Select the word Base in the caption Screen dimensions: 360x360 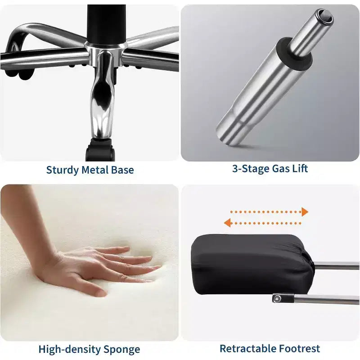click(122, 170)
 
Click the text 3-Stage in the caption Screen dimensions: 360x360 click(251, 169)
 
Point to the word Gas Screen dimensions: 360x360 click(280, 168)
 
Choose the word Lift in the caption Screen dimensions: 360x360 click(300, 168)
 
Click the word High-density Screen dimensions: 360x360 click(70, 350)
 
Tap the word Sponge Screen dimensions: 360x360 click(121, 350)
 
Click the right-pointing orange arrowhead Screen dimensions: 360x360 click(305, 212)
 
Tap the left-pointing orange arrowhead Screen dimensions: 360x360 click(227, 223)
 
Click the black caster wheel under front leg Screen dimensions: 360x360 click(100, 149)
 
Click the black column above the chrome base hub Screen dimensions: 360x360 click(106, 24)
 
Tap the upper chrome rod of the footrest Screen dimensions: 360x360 click(336, 265)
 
